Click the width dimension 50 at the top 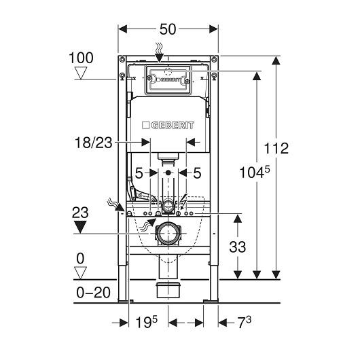(x=168, y=29)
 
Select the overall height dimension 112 (x=276, y=148)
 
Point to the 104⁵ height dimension (x=255, y=173)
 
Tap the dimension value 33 (x=238, y=247)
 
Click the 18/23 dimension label (x=94, y=143)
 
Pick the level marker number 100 (x=81, y=58)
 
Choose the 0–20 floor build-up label (x=93, y=293)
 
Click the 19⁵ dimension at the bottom (x=147, y=322)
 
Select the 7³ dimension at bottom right (x=245, y=322)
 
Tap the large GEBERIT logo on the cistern (x=168, y=126)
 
